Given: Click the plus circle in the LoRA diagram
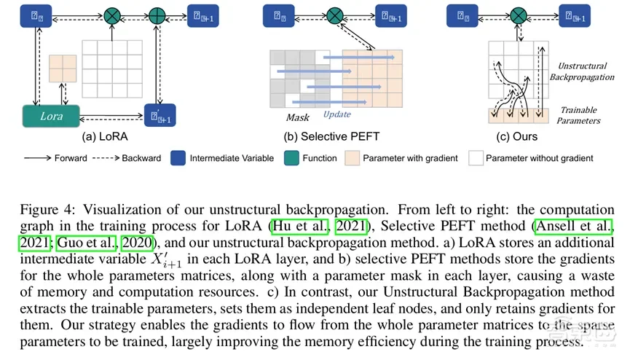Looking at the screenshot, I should (x=157, y=15).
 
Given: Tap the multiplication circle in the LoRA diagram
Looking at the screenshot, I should (x=112, y=15).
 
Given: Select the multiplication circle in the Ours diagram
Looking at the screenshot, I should (x=518, y=15).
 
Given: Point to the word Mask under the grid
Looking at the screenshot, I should (x=297, y=117).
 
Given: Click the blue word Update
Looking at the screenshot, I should (x=336, y=114).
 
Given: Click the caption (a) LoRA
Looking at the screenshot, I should (x=105, y=136).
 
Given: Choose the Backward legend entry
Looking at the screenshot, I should (x=140, y=158).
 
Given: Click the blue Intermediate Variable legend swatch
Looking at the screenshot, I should (x=177, y=158).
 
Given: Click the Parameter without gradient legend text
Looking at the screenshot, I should (x=539, y=158).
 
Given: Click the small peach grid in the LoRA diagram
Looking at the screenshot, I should (x=63, y=69).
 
